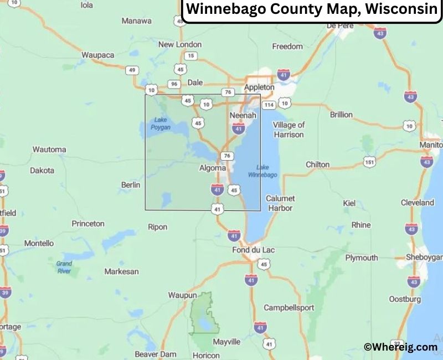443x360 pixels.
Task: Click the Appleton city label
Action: pyautogui.click(x=259, y=87)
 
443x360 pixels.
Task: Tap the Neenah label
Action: pyautogui.click(x=243, y=115)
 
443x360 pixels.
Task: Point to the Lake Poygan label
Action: pyautogui.click(x=161, y=123)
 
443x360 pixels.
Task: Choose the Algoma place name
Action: pyautogui.click(x=213, y=168)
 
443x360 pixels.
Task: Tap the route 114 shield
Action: pyautogui.click(x=269, y=105)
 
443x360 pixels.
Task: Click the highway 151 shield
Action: pyautogui.click(x=370, y=162)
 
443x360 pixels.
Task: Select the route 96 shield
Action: pyautogui.click(x=174, y=84)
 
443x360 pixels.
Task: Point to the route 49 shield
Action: pyautogui.click(x=132, y=70)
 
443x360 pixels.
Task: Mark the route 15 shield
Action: pyautogui.click(x=191, y=55)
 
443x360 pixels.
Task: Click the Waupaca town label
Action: pyautogui.click(x=97, y=55)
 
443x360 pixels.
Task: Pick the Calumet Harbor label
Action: pyautogui.click(x=280, y=203)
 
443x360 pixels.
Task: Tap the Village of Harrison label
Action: pyautogui.click(x=289, y=130)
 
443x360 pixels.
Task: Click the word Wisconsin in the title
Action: pyautogui.click(x=395, y=9)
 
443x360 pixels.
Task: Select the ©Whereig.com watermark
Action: pyautogui.click(x=400, y=347)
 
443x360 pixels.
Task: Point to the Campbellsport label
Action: pyautogui.click(x=289, y=307)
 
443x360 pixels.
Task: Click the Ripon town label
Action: pyautogui.click(x=158, y=227)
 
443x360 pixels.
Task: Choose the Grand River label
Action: pyautogui.click(x=64, y=267)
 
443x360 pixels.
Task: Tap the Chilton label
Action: pyautogui.click(x=318, y=164)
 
